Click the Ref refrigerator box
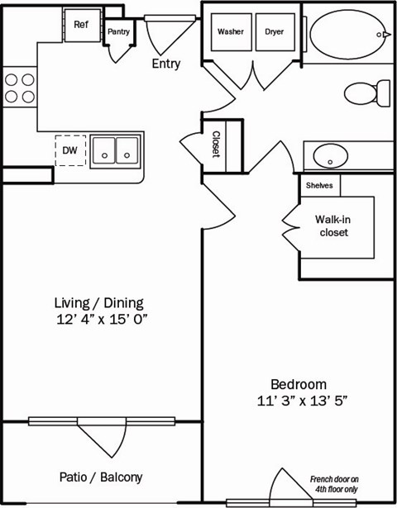pos(81,25)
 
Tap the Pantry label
pos(118,31)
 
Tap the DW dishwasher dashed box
pos(69,151)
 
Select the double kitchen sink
pos(115,150)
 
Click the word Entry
pos(166,64)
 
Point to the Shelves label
pos(319,186)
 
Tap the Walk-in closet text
pos(331,226)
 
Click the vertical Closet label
pos(217,145)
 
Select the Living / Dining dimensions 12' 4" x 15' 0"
pos(101,318)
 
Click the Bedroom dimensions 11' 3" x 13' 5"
pos(299,401)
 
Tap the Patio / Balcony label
pos(101,477)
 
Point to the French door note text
pos(334,484)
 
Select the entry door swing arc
pos(163,35)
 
